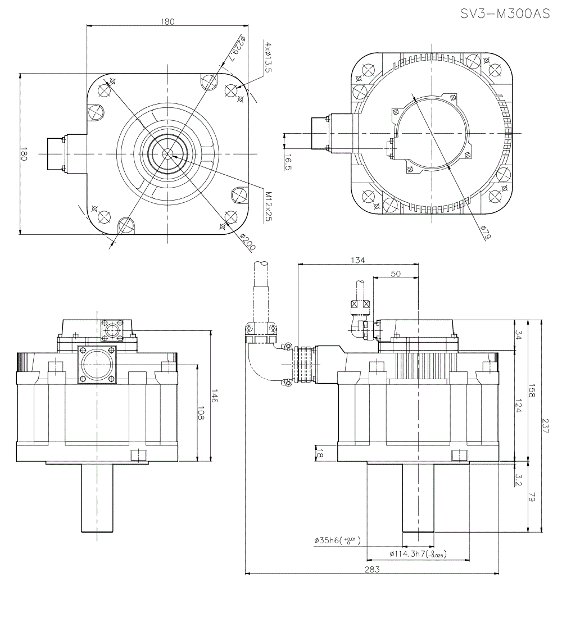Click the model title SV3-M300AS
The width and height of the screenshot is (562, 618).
505,14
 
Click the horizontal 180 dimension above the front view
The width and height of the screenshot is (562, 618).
167,22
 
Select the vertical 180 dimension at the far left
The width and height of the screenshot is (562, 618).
24,154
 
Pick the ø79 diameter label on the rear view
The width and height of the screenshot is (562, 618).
486,232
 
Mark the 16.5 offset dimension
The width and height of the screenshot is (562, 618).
288,163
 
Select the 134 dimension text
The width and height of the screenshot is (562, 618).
357,260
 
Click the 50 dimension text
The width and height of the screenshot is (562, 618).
396,274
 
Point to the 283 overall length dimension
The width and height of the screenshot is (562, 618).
372,569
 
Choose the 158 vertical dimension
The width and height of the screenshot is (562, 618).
532,391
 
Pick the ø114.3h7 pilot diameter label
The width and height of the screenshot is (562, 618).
417,554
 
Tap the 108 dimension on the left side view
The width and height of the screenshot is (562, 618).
201,413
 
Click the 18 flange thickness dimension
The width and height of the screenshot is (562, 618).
320,453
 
